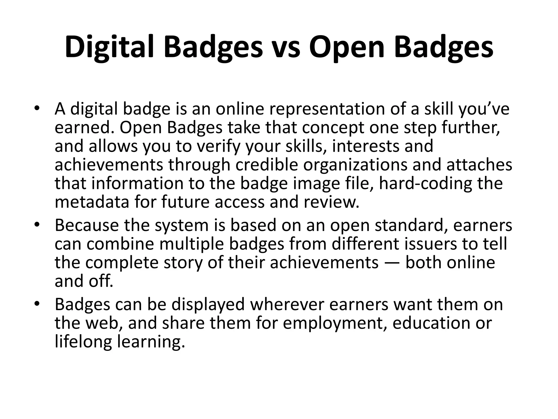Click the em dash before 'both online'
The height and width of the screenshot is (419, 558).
click(x=392, y=263)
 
